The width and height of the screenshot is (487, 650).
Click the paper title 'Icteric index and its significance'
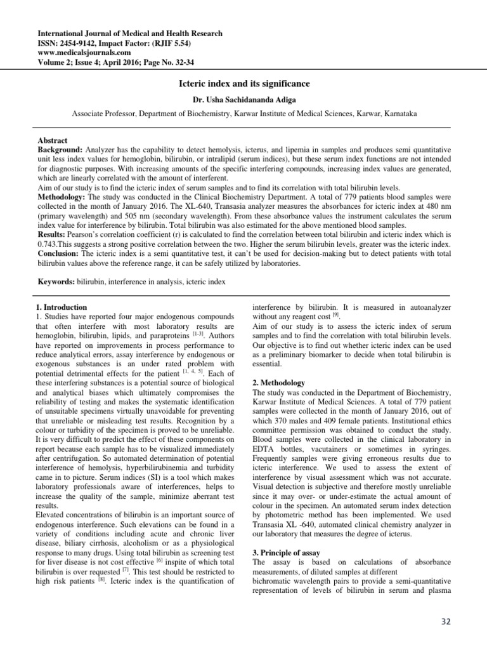(243, 83)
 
